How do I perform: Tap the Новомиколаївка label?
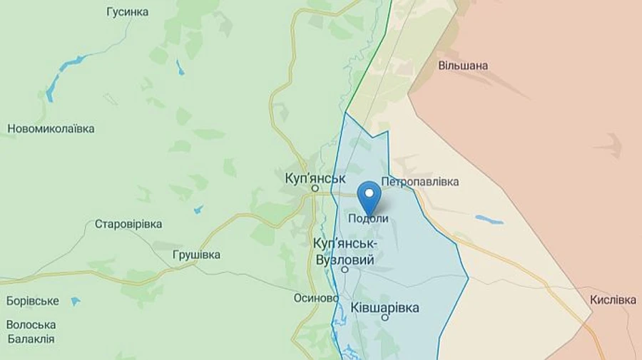point(51,129)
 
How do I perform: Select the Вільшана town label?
point(464,66)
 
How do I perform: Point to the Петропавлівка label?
point(420,182)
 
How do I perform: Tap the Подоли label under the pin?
point(368,219)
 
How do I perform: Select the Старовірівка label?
point(128,224)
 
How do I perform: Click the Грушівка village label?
point(196,254)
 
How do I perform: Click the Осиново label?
point(315,298)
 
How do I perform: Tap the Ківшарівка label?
point(385,307)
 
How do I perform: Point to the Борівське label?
point(33,301)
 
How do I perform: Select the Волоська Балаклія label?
point(31,331)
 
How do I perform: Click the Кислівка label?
point(613,300)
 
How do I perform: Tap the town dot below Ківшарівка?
point(385,318)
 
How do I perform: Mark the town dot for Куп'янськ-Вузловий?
point(345,270)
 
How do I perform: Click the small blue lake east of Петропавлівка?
point(489,220)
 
